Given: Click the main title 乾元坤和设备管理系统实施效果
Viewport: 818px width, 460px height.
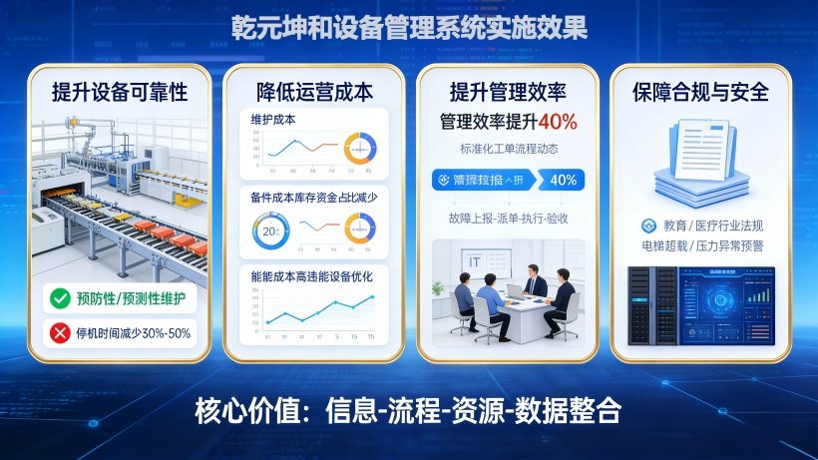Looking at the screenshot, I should click(x=408, y=24).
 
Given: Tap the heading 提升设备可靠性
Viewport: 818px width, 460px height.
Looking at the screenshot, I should click(x=119, y=93).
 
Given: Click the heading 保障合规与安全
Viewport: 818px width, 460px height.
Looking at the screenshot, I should click(x=700, y=93).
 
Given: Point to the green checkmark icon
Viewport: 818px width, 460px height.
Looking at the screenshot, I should click(x=60, y=297).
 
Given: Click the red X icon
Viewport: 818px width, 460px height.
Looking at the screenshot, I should click(x=60, y=332).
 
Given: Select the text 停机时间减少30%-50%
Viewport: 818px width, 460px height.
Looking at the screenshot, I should click(x=133, y=332).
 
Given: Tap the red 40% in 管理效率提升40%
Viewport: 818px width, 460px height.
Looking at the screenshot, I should click(x=558, y=123).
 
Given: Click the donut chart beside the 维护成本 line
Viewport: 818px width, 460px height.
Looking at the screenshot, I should click(x=363, y=147).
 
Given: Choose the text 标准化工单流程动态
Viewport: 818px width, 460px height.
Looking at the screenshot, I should click(x=508, y=149).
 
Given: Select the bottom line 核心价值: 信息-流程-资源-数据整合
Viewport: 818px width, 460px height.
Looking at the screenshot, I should click(x=408, y=411).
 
